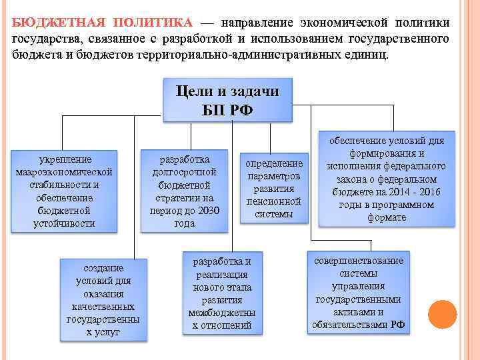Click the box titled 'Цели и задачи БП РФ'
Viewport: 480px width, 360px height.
[227, 100]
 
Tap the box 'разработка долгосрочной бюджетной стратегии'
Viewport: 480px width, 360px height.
[184, 192]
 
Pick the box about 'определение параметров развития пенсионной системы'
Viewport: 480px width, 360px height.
[274, 189]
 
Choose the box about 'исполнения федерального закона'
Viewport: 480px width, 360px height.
[386, 179]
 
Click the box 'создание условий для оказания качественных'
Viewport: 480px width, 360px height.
[103, 299]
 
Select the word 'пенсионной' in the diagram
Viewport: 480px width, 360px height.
[274, 201]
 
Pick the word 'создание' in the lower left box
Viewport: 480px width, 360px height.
[103, 267]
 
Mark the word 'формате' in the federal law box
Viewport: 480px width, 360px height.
[387, 217]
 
